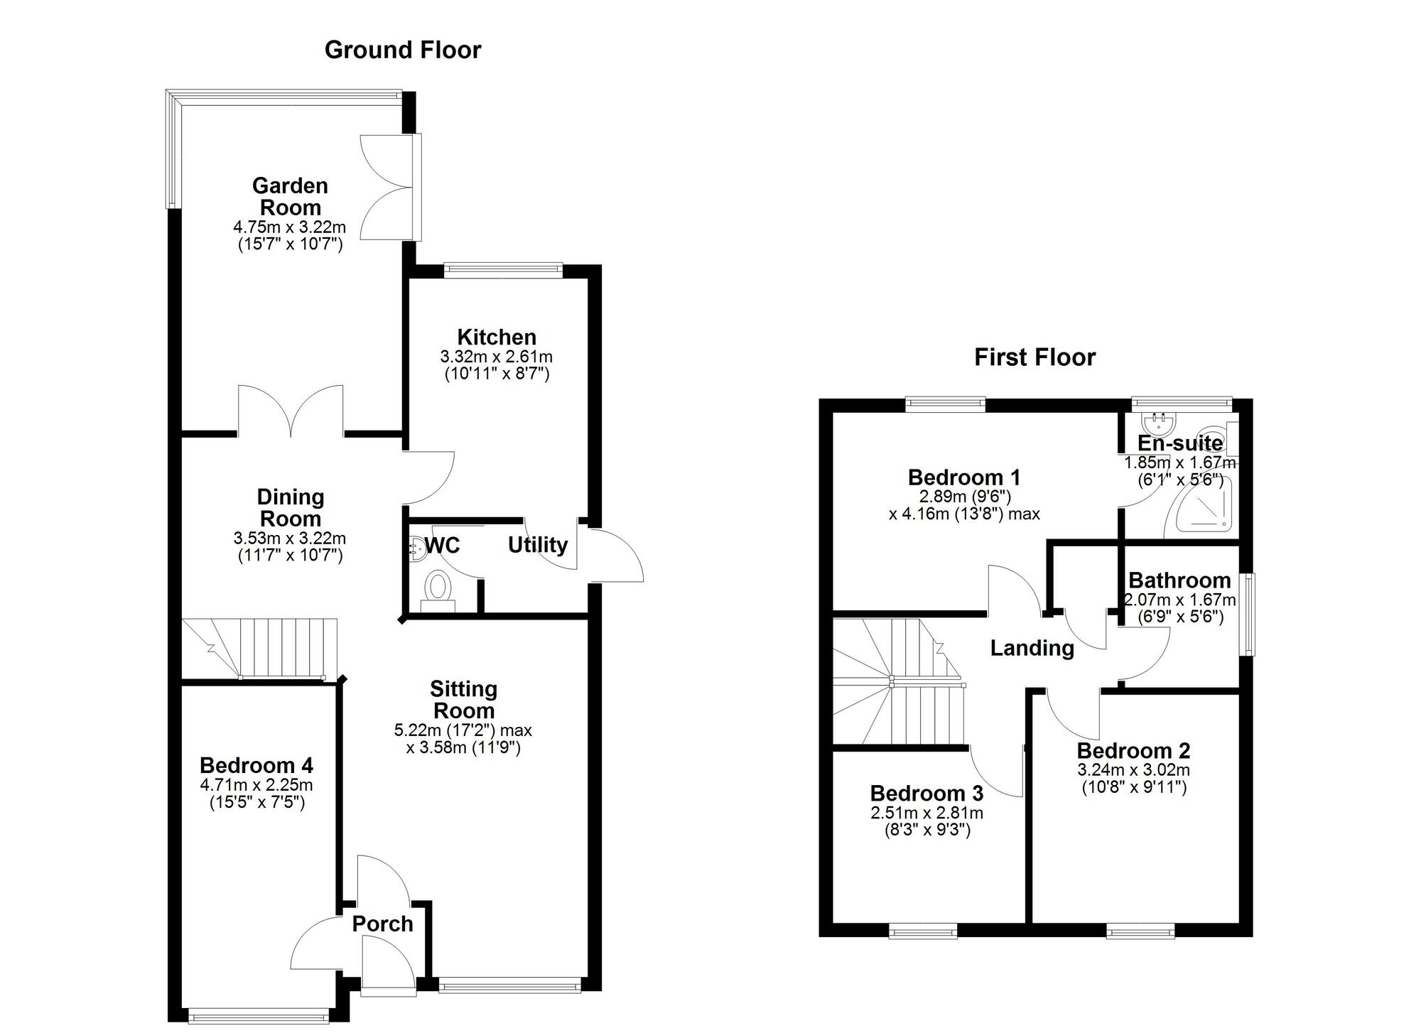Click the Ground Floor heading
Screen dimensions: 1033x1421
pos(403,50)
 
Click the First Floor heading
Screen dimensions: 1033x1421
pos(1034,357)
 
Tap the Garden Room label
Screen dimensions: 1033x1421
pos(290,197)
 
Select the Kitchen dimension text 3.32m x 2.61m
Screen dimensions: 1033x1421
pos(497,357)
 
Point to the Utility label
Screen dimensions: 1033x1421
pos(537,545)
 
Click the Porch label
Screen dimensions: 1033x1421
pos(382,924)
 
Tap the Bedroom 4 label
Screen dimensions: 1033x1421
pos(256,765)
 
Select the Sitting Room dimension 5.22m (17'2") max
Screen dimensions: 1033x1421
pos(463,730)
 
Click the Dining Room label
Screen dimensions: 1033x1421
pos(290,508)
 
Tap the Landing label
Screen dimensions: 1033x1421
pos(1032,648)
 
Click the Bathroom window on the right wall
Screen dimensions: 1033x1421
pos(1248,614)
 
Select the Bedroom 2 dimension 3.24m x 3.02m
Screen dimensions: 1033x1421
pos(1133,770)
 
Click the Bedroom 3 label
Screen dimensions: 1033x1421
pos(926,793)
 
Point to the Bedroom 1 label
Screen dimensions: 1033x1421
pos(964,477)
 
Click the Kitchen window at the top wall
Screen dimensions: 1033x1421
pos(503,269)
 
